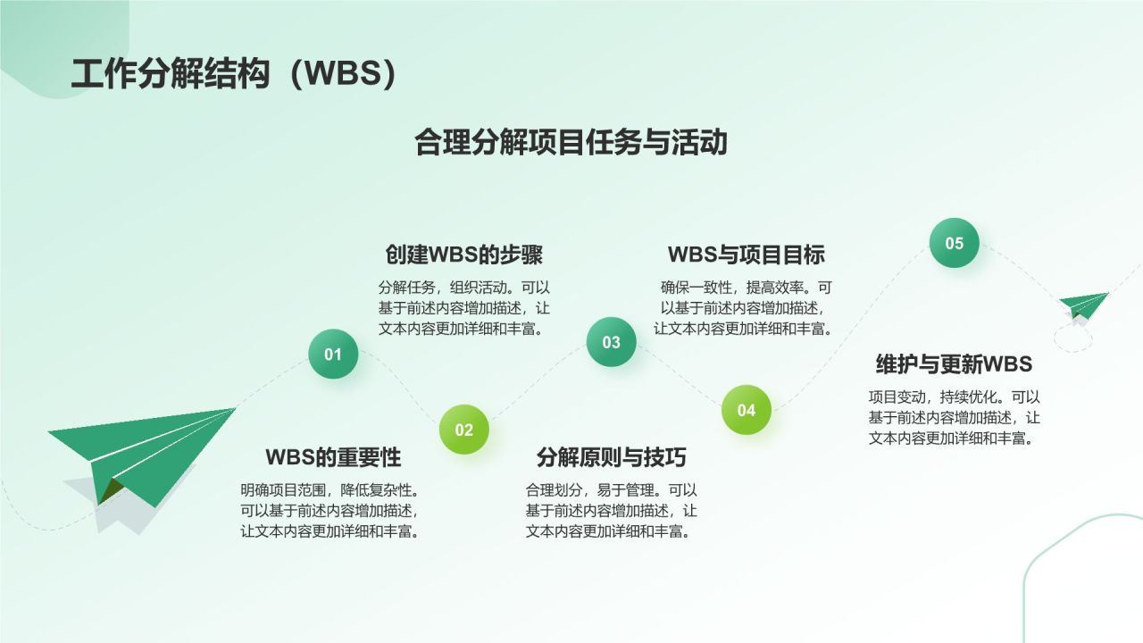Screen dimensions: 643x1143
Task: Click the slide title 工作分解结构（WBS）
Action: (x=233, y=75)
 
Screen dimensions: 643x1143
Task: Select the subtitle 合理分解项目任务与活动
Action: (x=571, y=142)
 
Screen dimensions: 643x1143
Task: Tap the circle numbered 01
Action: (x=333, y=355)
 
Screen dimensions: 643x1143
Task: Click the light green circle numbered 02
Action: (x=464, y=430)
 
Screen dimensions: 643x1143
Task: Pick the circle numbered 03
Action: (x=611, y=342)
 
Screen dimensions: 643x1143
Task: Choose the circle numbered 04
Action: (x=747, y=410)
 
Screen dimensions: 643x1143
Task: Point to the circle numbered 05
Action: (x=955, y=243)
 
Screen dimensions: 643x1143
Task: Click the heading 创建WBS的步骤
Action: (x=463, y=255)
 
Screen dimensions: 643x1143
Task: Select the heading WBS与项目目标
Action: (x=747, y=255)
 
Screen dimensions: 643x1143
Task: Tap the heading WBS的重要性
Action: (x=333, y=457)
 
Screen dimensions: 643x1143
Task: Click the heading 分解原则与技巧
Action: (x=611, y=457)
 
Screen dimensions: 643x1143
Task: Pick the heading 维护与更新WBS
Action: (x=954, y=364)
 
